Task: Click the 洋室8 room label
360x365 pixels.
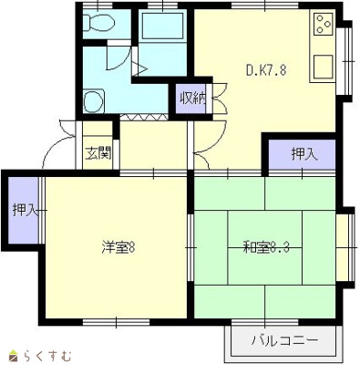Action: [118, 246]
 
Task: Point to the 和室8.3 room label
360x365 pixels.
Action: [265, 246]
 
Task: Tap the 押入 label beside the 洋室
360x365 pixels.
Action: [24, 211]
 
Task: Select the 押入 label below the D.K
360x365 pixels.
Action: [303, 154]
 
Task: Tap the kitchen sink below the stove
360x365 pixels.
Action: [324, 67]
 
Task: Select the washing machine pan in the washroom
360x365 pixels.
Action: [93, 99]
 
